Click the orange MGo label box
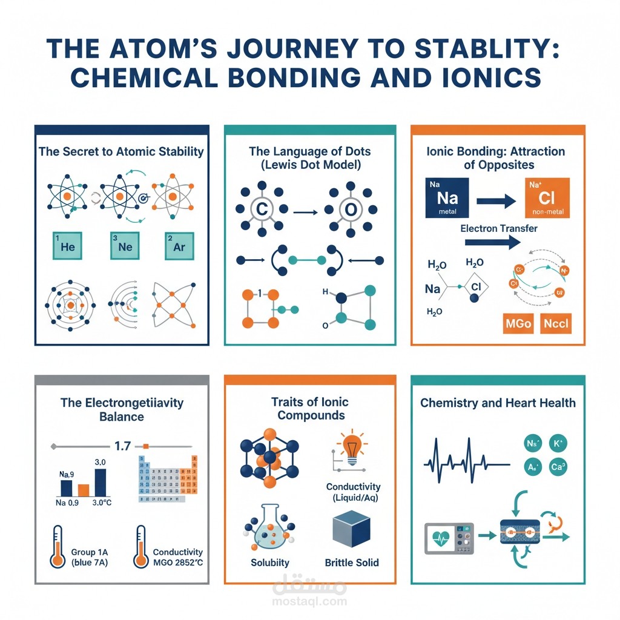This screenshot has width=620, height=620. [x=518, y=323]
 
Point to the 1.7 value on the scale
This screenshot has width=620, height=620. [x=122, y=446]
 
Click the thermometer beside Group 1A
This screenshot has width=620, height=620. [x=58, y=547]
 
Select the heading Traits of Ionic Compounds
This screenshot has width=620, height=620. [x=309, y=408]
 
